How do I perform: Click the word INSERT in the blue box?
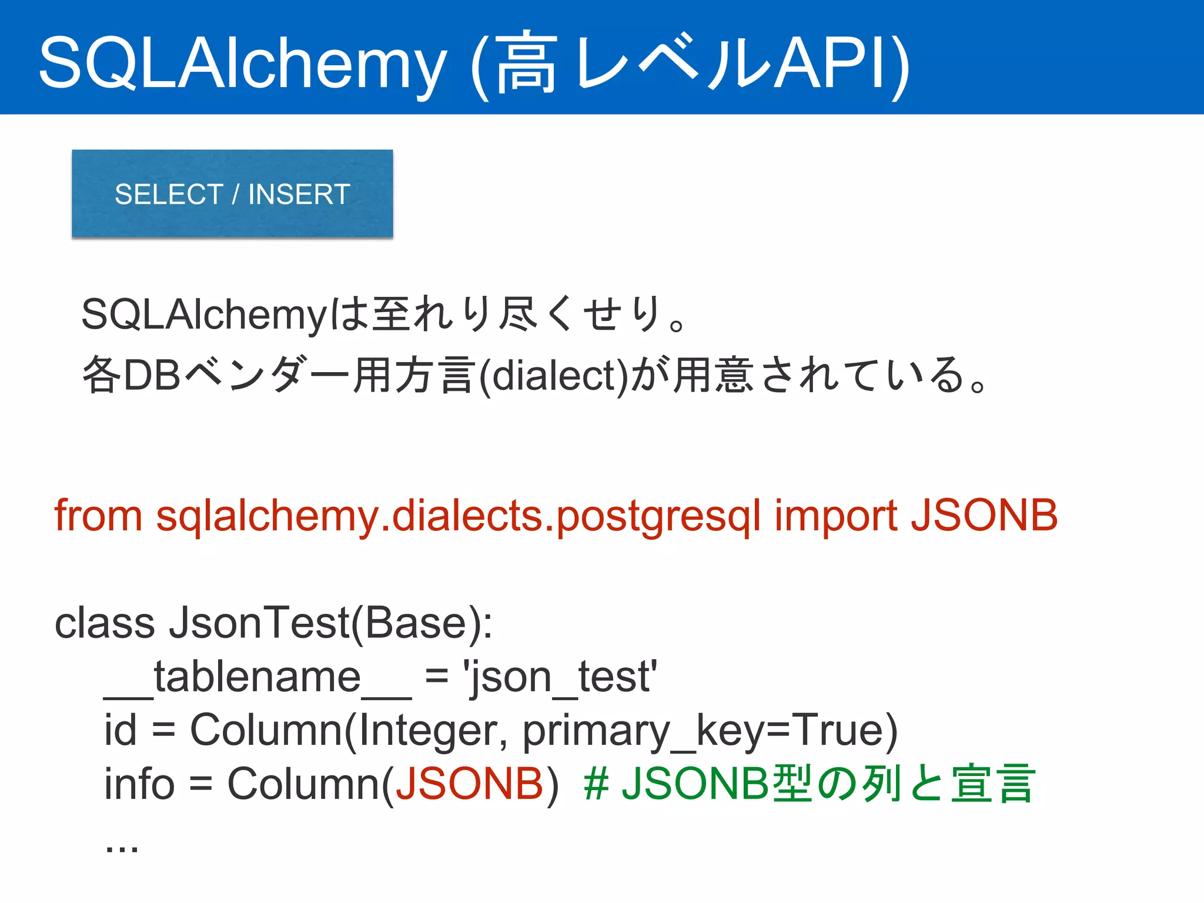pyautogui.click(x=299, y=195)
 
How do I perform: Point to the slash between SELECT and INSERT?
pyautogui.click(x=236, y=195)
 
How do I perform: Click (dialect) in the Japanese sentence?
pyautogui.click(x=554, y=376)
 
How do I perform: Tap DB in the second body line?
pyautogui.click(x=152, y=376)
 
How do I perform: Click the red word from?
pyautogui.click(x=98, y=516)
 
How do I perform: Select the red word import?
pyautogui.click(x=835, y=516)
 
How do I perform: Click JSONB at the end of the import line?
pyautogui.click(x=984, y=516)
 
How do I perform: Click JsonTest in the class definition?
pyautogui.click(x=259, y=623)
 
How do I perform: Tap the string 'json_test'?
pyautogui.click(x=560, y=677)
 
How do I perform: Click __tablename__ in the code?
pyautogui.click(x=257, y=677)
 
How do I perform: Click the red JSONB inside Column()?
pyautogui.click(x=469, y=784)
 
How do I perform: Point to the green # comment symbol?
pyautogui.click(x=596, y=784)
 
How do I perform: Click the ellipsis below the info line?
pyautogui.click(x=122, y=847)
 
